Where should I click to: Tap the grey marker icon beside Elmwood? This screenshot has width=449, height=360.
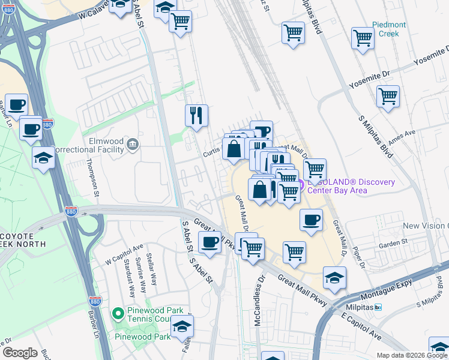click(133, 145)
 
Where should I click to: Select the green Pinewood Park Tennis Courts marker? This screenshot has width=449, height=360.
click(118, 313)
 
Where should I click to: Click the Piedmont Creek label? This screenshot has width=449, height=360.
click(389, 29)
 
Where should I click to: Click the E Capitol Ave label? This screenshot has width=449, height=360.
click(361, 325)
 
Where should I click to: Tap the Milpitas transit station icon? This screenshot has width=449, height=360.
click(378, 307)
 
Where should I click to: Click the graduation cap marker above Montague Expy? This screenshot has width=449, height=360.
click(334, 277)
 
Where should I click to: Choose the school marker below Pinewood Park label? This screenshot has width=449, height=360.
click(182, 327)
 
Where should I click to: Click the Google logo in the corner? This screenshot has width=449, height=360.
click(20, 353)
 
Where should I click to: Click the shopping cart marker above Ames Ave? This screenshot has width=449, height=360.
click(388, 95)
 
